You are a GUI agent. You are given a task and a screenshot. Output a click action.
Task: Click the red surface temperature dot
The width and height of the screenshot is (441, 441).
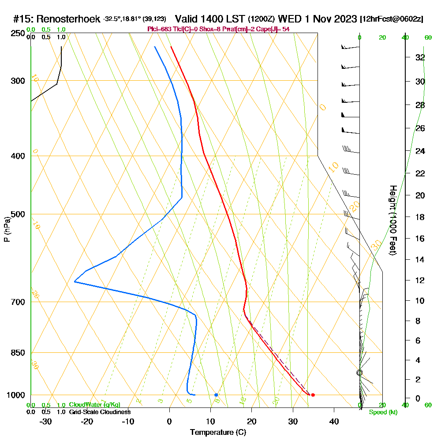pyautogui.click(x=313, y=395)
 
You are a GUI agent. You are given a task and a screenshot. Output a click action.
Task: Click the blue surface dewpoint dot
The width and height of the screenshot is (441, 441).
pyautogui.click(x=216, y=395)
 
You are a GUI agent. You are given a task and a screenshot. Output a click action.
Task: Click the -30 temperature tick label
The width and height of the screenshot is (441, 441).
pyautogui.click(x=46, y=422)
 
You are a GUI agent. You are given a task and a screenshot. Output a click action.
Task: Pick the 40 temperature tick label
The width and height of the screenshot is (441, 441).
pyautogui.click(x=334, y=422)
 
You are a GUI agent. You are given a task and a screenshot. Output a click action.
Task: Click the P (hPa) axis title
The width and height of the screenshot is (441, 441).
pyautogui.click(x=7, y=229)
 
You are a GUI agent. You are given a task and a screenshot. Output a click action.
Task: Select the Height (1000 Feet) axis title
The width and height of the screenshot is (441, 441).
pyautogui.click(x=392, y=220)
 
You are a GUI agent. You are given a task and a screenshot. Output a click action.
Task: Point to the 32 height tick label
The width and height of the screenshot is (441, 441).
pyautogui.click(x=420, y=57)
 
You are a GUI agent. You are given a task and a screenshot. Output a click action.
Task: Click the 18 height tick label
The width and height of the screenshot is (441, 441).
pyautogui.click(x=420, y=217)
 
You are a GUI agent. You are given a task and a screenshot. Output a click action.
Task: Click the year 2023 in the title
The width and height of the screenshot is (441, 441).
pyautogui.click(x=345, y=19)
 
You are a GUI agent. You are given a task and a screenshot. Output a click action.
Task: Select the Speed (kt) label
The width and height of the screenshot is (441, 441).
pyautogui.click(x=381, y=412)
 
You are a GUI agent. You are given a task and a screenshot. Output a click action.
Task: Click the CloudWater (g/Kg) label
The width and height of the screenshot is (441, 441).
pyautogui.click(x=94, y=404)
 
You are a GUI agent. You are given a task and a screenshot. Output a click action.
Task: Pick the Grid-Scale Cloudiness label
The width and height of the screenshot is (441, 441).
pyautogui.click(x=99, y=412)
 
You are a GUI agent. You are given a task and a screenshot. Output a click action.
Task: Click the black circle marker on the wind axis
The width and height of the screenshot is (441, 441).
pyautogui.click(x=359, y=373)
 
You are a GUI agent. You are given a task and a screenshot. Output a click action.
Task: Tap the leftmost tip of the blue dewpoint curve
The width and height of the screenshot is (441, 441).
pyautogui.click(x=75, y=281)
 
